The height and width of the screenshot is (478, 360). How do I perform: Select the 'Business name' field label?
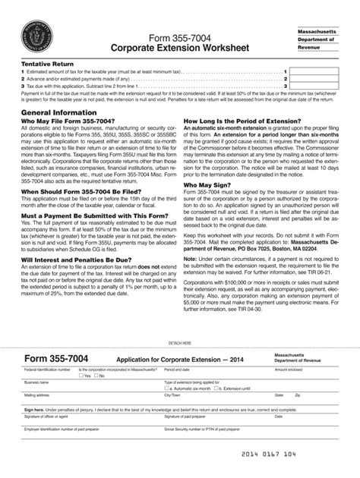click(36, 382)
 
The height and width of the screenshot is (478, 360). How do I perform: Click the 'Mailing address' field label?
click(38, 395)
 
